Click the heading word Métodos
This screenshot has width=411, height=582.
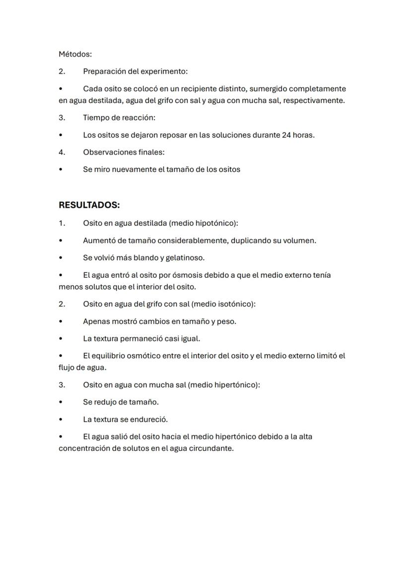tap(74, 54)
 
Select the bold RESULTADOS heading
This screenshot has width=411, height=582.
tap(89, 205)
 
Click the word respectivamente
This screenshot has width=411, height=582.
tap(313, 100)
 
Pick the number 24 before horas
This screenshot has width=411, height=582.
tap(286, 135)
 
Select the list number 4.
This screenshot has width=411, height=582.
tap(62, 152)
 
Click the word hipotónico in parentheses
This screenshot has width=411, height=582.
tap(216, 223)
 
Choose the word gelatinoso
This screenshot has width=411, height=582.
tap(184, 258)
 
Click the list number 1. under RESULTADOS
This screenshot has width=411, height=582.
tap(62, 223)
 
